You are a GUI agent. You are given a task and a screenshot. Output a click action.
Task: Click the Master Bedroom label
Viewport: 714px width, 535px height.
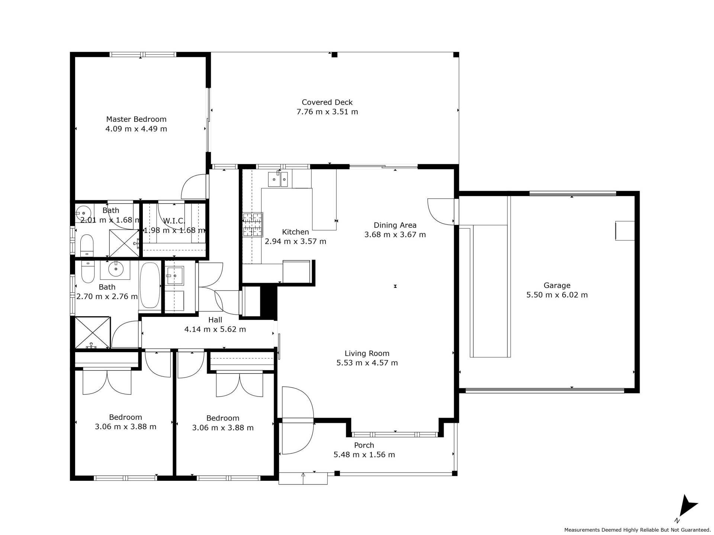[136, 119]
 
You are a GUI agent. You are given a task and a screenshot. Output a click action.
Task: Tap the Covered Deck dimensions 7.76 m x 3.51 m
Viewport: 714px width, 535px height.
[327, 112]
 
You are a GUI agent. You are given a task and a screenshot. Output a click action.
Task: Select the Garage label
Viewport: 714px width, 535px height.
[557, 285]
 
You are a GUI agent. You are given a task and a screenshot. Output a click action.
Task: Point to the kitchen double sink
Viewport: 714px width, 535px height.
[278, 179]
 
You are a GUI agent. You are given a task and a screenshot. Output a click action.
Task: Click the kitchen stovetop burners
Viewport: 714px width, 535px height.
[253, 224]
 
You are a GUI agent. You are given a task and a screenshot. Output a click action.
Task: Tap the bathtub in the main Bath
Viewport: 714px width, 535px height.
[150, 285]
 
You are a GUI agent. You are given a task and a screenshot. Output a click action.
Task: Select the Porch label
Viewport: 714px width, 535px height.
[364, 445]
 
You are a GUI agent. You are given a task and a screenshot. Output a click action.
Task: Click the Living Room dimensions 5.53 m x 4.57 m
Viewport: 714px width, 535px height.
[367, 363]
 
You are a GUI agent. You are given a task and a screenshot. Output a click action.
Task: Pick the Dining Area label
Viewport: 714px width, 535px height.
[395, 225]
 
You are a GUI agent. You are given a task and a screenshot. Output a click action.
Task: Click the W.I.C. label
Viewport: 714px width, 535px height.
[174, 221]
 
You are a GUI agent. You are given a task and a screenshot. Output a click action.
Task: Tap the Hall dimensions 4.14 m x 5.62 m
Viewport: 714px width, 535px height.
[215, 330]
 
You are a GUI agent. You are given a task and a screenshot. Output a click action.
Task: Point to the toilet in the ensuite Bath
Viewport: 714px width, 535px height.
[87, 245]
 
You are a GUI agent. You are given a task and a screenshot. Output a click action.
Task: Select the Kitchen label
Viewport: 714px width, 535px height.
[295, 232]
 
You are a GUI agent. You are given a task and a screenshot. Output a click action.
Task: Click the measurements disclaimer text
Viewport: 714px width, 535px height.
[637, 530]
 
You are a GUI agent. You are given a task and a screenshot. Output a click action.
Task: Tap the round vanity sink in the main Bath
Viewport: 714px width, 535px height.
[116, 269]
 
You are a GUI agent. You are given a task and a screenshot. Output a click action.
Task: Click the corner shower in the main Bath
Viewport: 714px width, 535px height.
[93, 333]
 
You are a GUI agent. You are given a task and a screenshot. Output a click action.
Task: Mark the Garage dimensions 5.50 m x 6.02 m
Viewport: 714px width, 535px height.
[557, 295]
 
